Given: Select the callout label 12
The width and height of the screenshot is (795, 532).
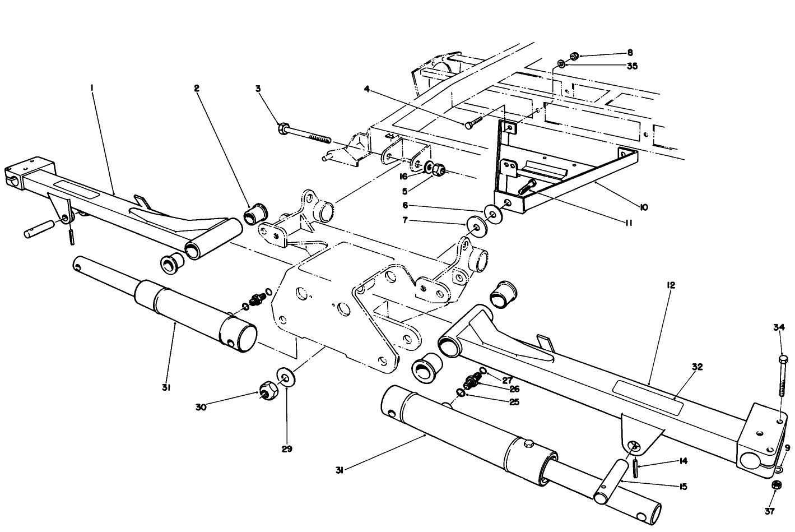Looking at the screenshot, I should click(x=671, y=285).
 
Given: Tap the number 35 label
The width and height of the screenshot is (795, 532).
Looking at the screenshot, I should click(x=631, y=66).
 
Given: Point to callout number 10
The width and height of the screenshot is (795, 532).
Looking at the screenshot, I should click(x=643, y=207).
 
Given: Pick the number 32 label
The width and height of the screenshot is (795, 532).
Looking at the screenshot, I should click(x=696, y=367).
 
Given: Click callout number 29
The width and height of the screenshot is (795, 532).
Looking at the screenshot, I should click(x=287, y=448).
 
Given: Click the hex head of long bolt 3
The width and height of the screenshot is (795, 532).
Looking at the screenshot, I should click(x=283, y=128).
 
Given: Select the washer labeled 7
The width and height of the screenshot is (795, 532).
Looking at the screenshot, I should click(x=477, y=227).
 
